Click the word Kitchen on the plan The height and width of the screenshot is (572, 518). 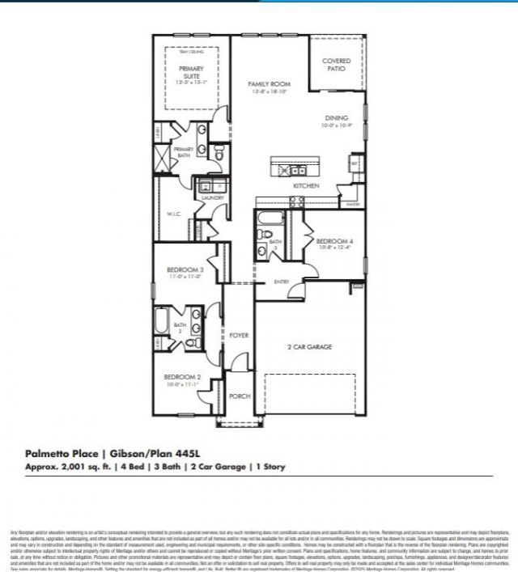(305, 186)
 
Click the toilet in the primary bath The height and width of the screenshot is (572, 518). (217, 150)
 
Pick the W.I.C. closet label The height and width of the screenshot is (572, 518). (173, 214)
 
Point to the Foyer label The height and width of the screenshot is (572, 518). (239, 335)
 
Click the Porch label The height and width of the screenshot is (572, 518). (239, 396)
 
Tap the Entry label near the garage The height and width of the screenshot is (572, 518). (282, 282)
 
